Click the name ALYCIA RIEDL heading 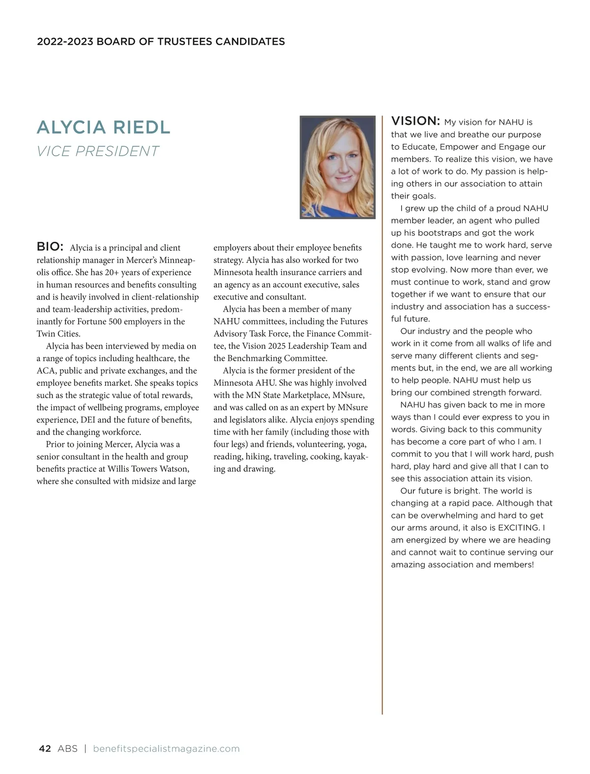103,127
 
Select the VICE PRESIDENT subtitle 98,151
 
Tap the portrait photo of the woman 337,167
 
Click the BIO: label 50,246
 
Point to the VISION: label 415,121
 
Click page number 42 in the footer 45,749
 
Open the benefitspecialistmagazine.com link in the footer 166,749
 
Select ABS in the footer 67,749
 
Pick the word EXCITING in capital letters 519,528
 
